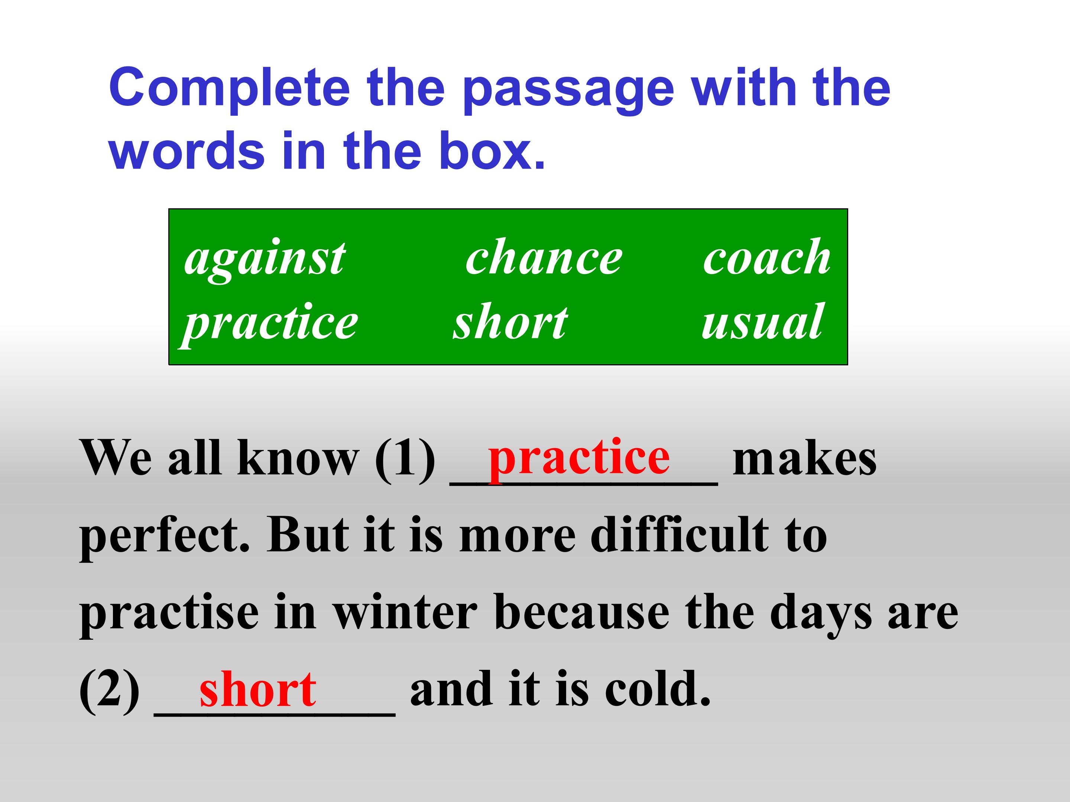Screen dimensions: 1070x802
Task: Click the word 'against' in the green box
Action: pos(265,260)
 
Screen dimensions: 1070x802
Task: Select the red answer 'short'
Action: pos(258,689)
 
